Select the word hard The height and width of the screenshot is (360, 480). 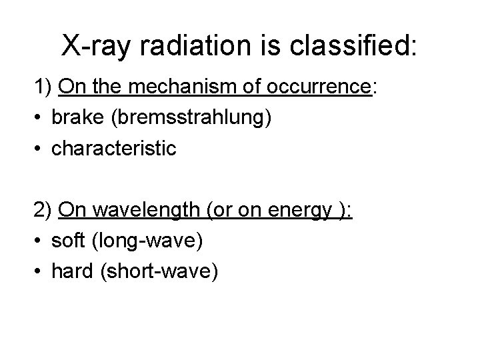pyautogui.click(x=75, y=271)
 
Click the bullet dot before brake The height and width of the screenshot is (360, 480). pyautogui.click(x=39, y=119)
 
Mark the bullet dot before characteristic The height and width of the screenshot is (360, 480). pyautogui.click(x=39, y=148)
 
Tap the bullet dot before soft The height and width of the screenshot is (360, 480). pyautogui.click(x=39, y=242)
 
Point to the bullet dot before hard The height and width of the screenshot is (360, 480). pyautogui.click(x=39, y=271)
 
